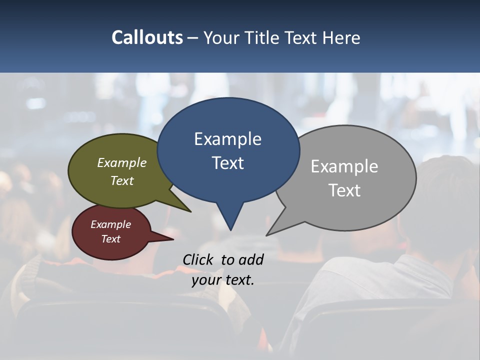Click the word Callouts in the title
(x=147, y=37)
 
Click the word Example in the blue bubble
(x=227, y=139)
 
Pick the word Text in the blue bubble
(x=227, y=163)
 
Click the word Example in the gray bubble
(x=344, y=166)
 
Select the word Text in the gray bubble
(x=344, y=190)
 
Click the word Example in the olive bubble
(x=122, y=163)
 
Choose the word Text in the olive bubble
(x=122, y=181)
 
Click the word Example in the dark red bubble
(x=110, y=224)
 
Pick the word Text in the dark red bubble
(x=110, y=239)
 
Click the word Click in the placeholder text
(x=198, y=259)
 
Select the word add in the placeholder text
(x=251, y=259)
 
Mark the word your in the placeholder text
(x=205, y=280)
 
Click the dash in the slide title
(x=193, y=38)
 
